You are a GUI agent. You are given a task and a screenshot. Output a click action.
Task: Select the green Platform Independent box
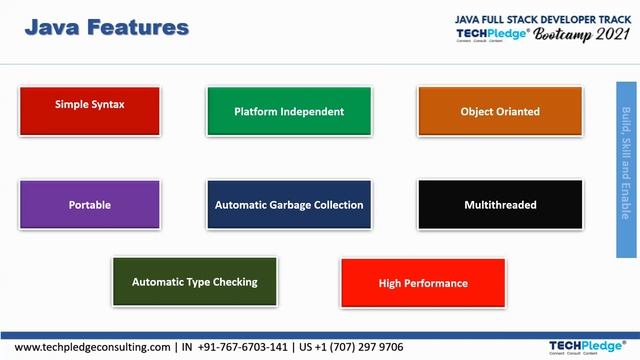289,111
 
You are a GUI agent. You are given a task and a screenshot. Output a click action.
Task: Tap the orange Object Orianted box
500,111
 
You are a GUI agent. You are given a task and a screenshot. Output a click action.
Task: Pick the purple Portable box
90,205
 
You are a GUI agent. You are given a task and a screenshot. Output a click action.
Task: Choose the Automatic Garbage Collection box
289,205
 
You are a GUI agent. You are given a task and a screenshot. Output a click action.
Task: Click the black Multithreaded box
500,205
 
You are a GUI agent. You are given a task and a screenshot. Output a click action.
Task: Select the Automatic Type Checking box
195,282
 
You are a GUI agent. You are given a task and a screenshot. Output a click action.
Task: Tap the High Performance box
423,283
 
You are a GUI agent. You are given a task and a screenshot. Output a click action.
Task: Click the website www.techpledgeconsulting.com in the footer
93,347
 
